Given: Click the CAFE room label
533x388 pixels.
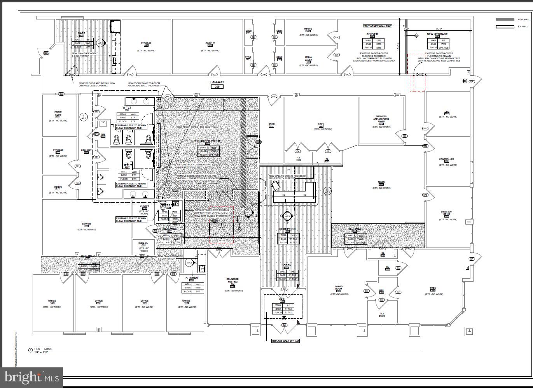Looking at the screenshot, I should click(x=82, y=33).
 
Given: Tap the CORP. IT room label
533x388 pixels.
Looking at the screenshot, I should click(x=210, y=43).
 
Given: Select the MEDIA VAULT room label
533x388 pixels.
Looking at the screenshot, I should click(x=308, y=59).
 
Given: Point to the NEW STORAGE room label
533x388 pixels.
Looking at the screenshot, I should click(x=437, y=34).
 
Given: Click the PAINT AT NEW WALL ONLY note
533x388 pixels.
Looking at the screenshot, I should click(x=377, y=26).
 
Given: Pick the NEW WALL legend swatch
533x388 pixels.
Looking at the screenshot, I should click(x=505, y=19).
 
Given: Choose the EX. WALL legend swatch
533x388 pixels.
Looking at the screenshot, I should click(x=505, y=26).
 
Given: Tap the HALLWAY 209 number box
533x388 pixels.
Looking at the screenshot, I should click(x=217, y=86).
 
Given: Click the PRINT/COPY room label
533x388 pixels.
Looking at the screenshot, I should click(x=58, y=114).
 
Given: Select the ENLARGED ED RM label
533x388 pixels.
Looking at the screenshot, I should click(x=208, y=141).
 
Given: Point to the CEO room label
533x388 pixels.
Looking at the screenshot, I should click(x=447, y=112).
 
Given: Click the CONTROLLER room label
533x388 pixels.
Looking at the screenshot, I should click(x=447, y=159).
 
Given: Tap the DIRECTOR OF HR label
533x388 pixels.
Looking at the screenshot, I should click(x=446, y=213).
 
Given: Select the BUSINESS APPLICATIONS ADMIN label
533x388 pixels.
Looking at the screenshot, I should click(x=381, y=119).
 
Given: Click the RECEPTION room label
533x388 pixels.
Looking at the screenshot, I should click(x=287, y=229).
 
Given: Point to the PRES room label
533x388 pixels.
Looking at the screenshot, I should click(x=433, y=288).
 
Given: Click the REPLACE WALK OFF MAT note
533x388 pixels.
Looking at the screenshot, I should click(x=285, y=341).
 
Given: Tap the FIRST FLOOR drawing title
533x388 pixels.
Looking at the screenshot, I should click(x=43, y=349).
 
